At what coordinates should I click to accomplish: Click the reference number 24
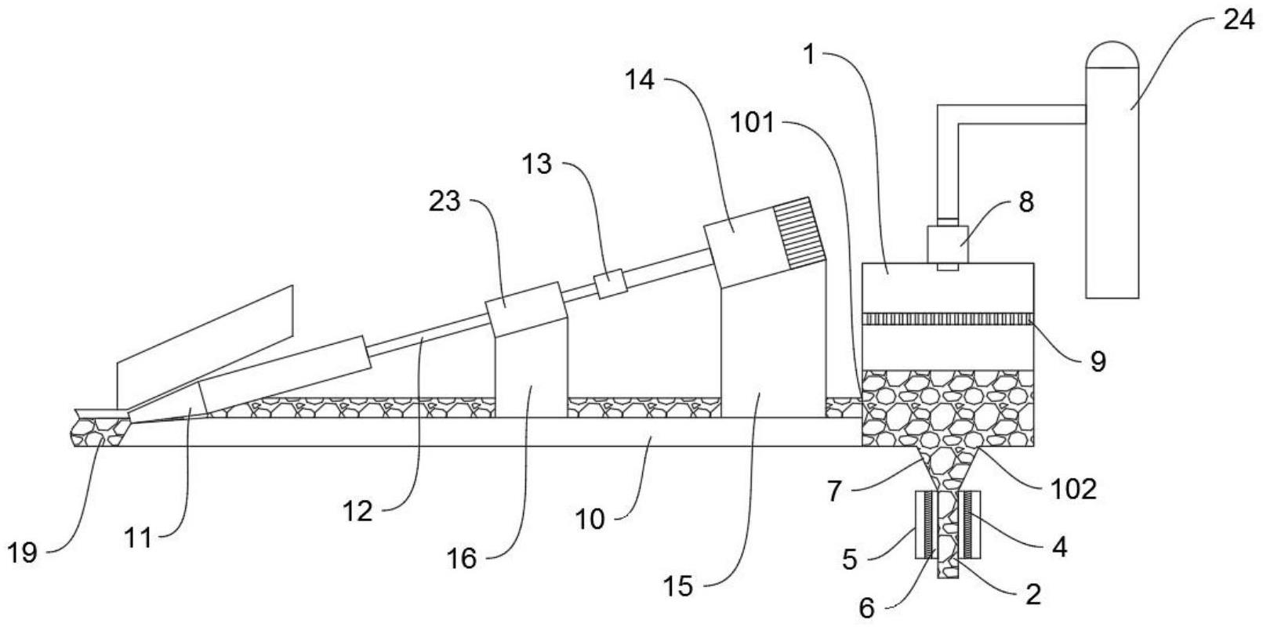[x=1239, y=21]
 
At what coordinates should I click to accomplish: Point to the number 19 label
[x=24, y=553]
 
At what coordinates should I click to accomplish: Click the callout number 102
[x=1073, y=489]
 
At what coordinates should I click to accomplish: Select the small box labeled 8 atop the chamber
[x=947, y=244]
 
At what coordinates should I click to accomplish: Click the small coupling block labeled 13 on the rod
[x=609, y=284]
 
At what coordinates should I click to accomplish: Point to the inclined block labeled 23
[x=525, y=309]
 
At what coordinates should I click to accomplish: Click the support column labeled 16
[x=531, y=377]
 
